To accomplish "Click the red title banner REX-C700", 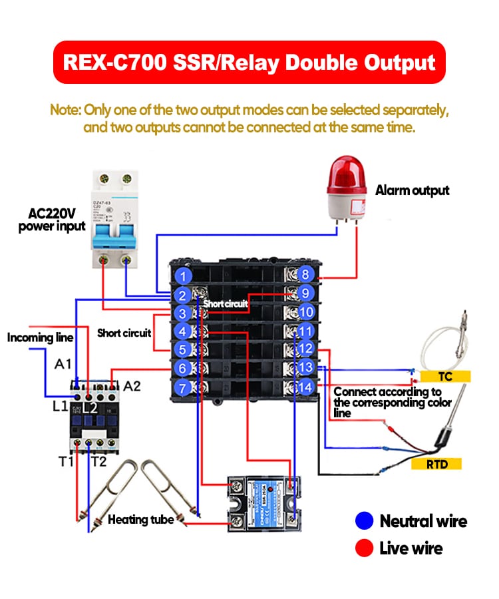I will [x=249, y=63].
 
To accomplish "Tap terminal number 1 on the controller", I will [x=184, y=274].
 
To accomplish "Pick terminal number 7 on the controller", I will [x=184, y=387].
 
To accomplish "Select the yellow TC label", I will [x=444, y=377].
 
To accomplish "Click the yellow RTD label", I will [x=436, y=464].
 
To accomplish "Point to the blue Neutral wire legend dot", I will [x=363, y=520].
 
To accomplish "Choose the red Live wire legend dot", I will [x=363, y=548].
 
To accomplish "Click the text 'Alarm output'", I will [x=413, y=190].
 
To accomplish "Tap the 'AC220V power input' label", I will [x=52, y=220].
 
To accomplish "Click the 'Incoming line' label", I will [x=40, y=337].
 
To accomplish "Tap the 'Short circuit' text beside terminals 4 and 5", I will [x=124, y=332].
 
